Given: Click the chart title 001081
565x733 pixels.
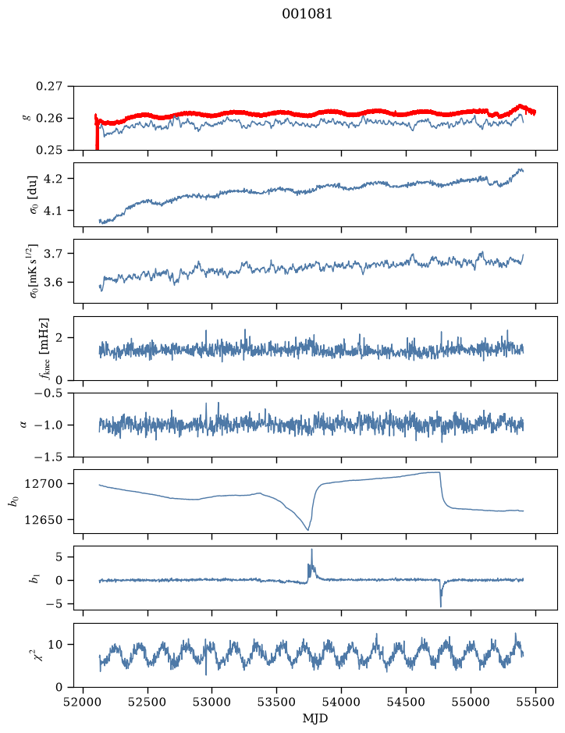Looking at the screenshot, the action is [307, 14].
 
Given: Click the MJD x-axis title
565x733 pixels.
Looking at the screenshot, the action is [315, 718].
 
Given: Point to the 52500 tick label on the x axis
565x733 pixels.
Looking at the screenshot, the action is [147, 702].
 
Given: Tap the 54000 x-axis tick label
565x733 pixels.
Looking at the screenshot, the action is [341, 702].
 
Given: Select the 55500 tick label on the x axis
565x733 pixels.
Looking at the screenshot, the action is [535, 702].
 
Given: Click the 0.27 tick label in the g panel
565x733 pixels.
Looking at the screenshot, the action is [49, 87].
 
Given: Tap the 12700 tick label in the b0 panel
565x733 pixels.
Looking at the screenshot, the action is [43, 484].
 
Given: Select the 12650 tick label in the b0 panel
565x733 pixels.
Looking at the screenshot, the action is [43, 519].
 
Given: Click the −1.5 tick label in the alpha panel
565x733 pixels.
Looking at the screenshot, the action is [48, 457].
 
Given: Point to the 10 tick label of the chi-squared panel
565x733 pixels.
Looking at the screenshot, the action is [55, 645].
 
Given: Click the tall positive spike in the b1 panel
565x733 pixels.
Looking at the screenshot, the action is [311, 550].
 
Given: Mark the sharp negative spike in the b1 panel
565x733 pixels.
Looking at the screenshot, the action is [441, 606].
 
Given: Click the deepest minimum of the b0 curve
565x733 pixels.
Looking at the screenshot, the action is [307, 529].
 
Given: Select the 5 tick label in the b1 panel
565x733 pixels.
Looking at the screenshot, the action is [59, 557].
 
